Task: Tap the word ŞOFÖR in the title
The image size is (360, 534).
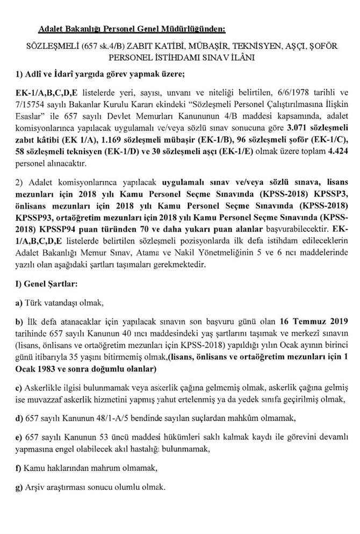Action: pos(324,46)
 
